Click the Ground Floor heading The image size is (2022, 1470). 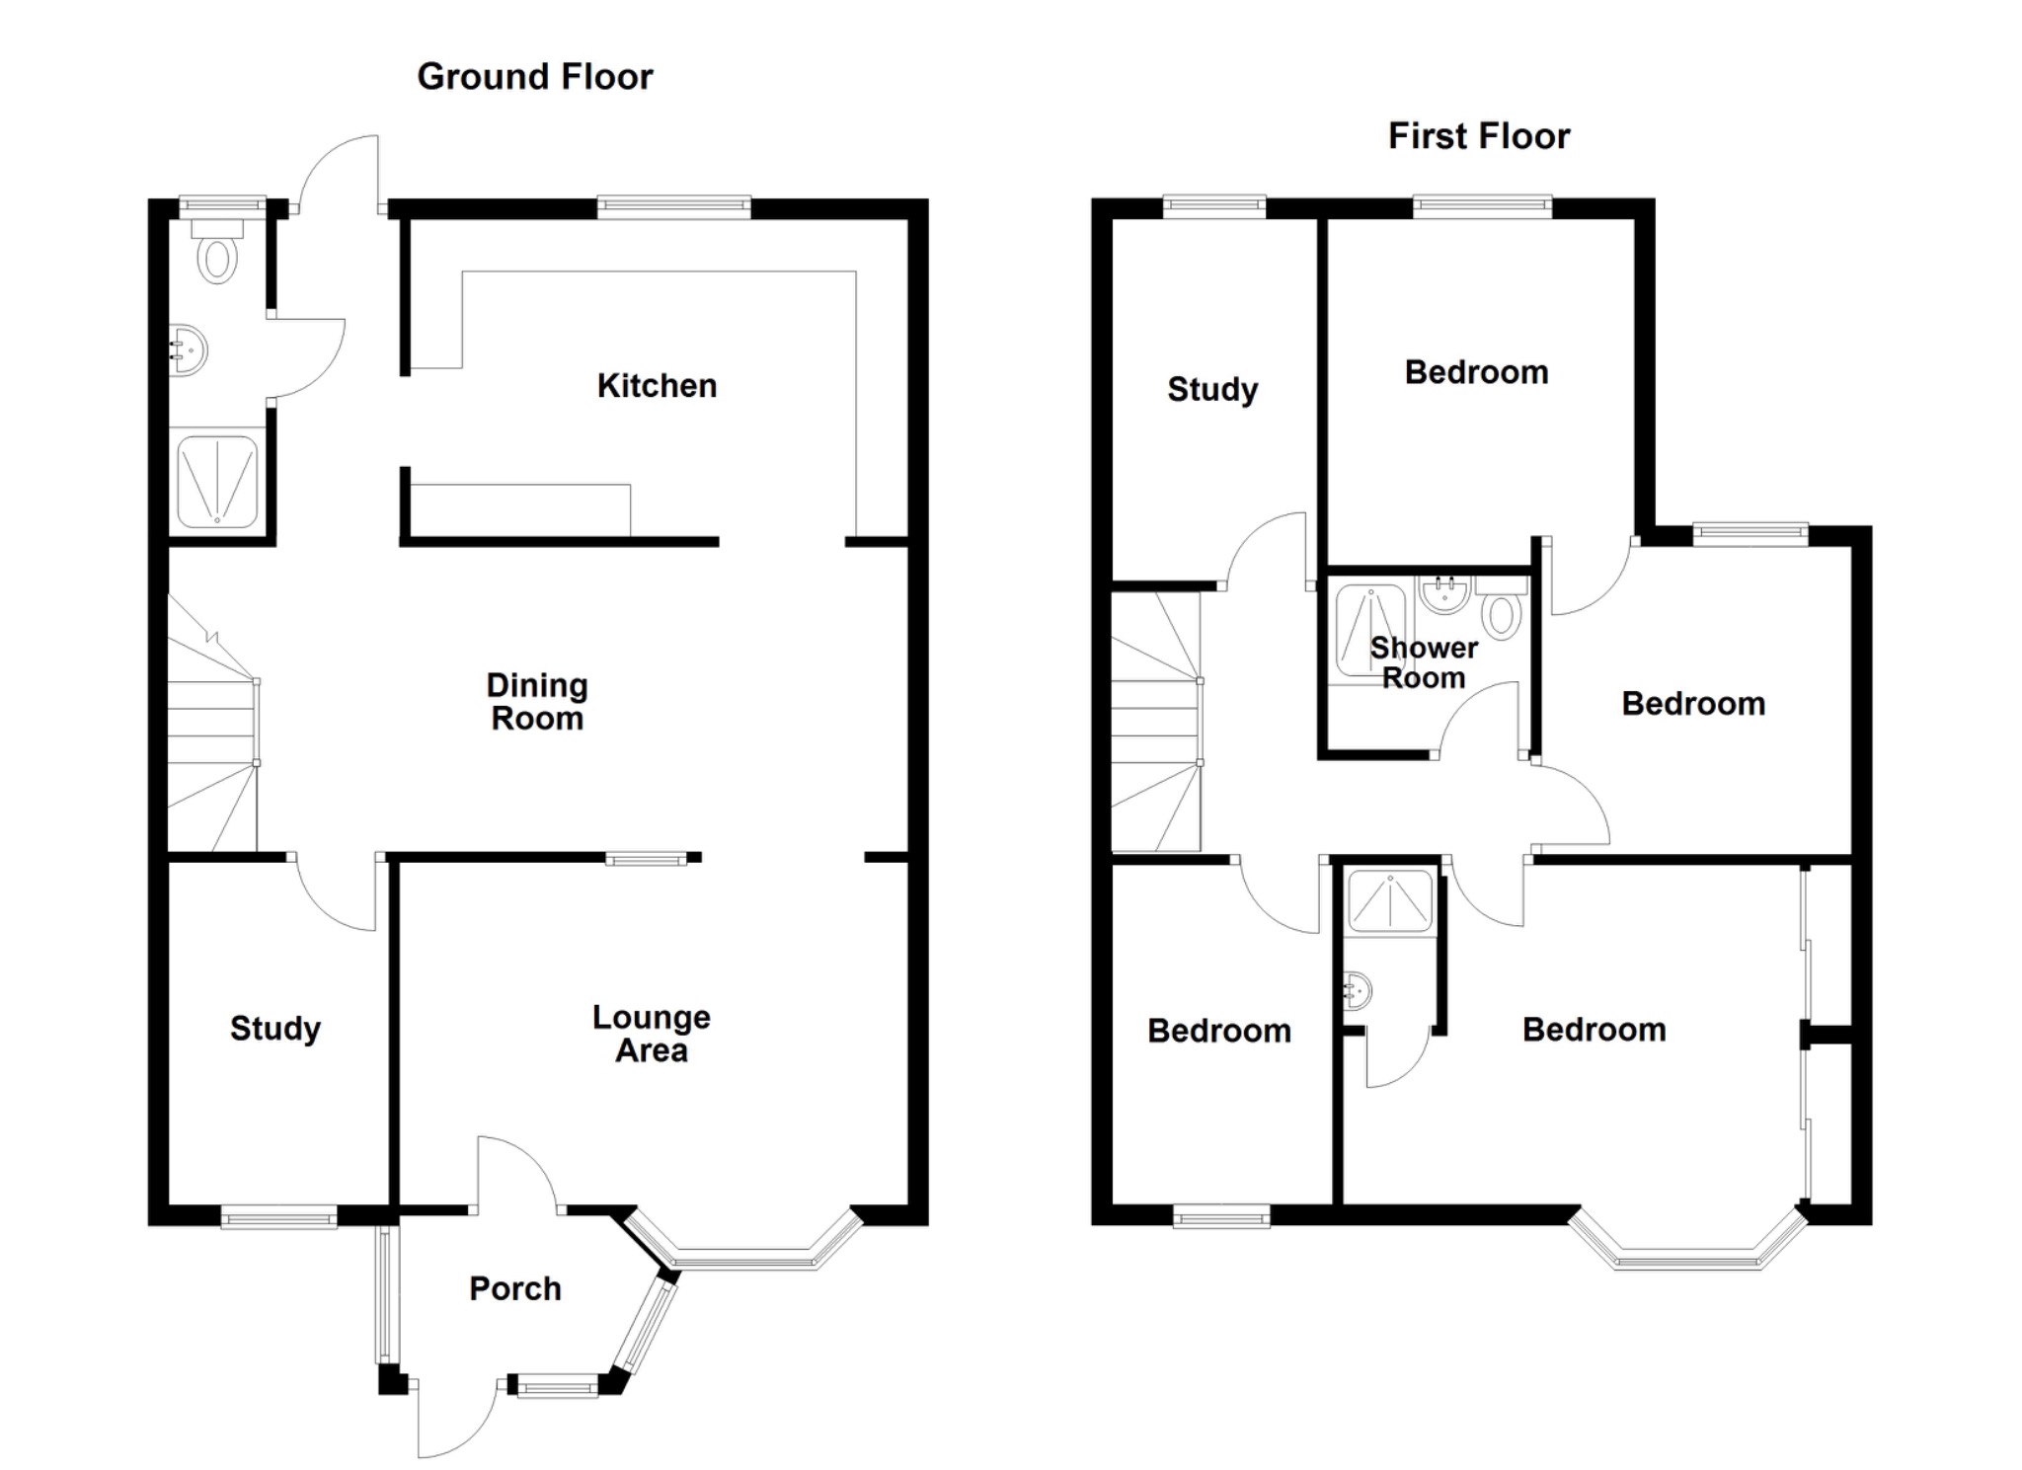tap(534, 77)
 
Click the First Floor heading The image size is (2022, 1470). tap(1478, 136)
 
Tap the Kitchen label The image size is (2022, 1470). tap(657, 386)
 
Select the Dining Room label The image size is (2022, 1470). tap(537, 702)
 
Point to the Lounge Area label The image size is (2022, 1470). tap(652, 1034)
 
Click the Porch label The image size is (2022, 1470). tap(514, 1288)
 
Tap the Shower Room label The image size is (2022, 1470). tap(1423, 662)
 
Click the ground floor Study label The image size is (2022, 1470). tap(274, 1029)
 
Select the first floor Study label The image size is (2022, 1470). tap(1211, 389)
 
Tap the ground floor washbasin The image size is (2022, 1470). tap(188, 349)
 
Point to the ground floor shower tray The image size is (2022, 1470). tap(217, 483)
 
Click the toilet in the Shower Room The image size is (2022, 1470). tap(1502, 609)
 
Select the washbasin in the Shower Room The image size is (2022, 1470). tap(1445, 594)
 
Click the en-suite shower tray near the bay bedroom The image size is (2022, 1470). tap(1389, 899)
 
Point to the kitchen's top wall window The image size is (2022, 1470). tap(673, 206)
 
